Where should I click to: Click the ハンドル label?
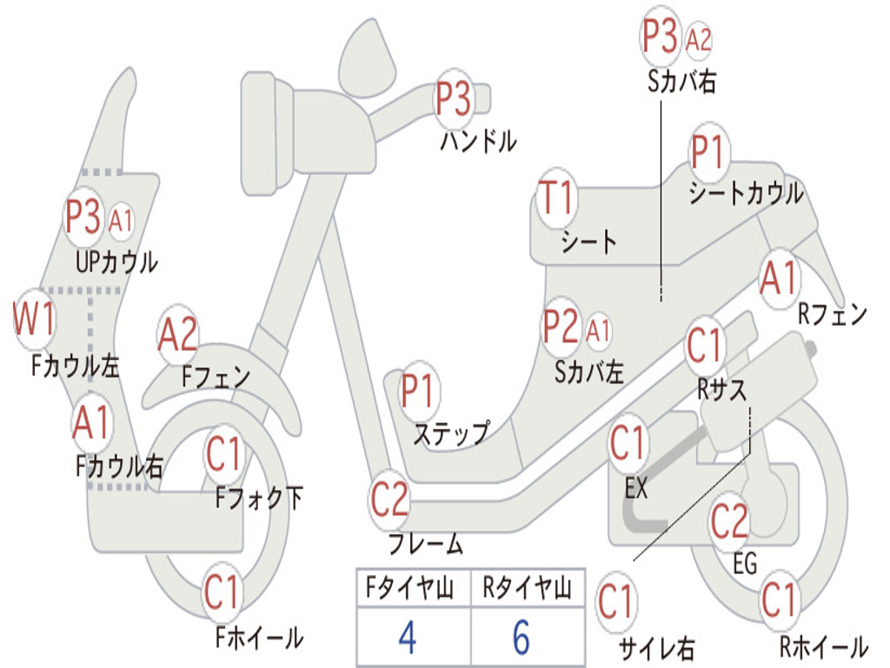479,140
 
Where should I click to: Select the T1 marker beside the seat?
557,198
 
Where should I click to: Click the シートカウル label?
746,192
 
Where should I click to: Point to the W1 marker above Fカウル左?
34,318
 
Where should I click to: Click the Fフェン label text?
216,376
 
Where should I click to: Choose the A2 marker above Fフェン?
177,335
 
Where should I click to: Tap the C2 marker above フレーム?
389,499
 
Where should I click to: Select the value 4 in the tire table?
408,638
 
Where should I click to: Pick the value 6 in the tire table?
521,638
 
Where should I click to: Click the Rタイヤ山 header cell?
528,587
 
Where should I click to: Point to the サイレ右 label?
656,648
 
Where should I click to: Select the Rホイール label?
824,646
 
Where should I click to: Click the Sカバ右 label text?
681,82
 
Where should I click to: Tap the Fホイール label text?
259,638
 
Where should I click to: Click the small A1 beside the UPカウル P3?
120,220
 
